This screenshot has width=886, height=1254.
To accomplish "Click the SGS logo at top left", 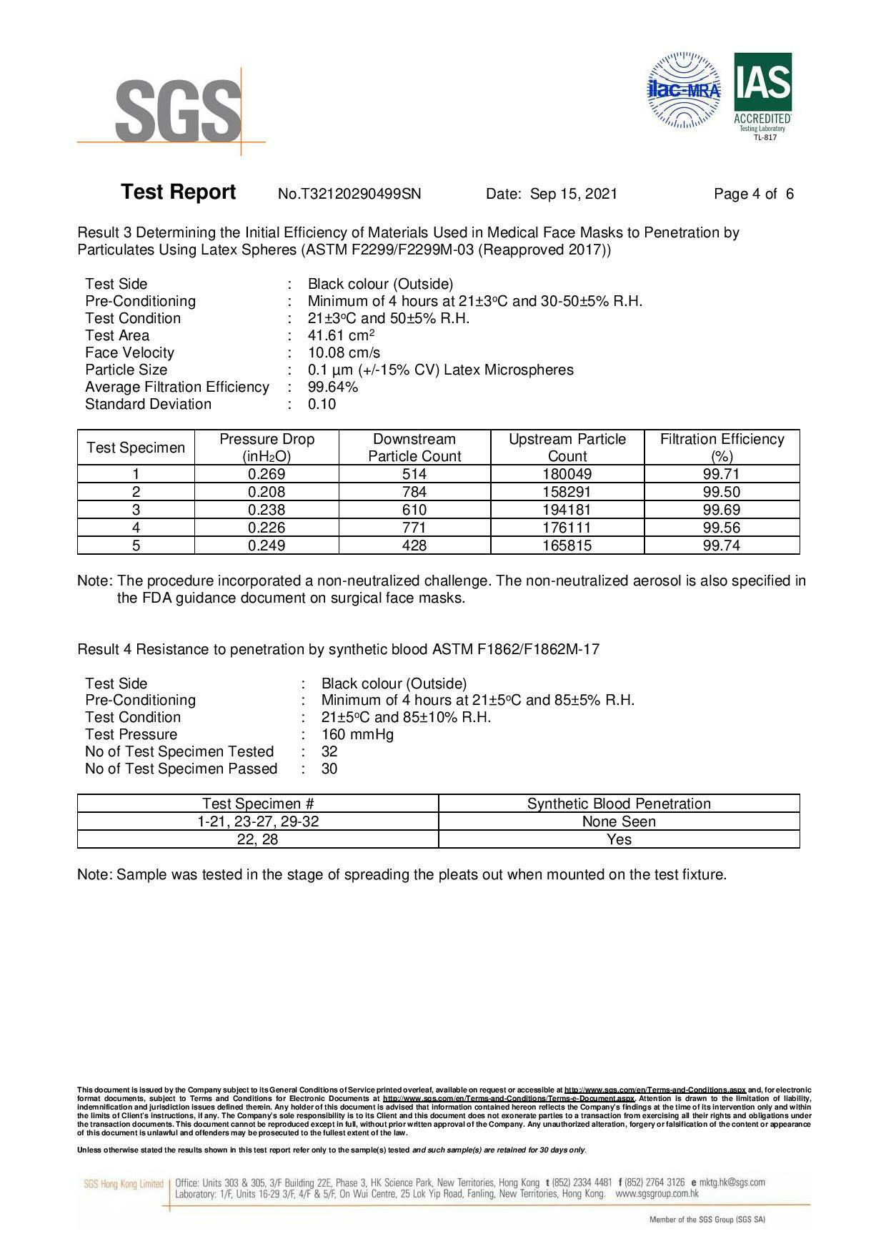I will tap(178, 111).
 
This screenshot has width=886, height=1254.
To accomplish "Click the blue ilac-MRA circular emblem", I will tap(684, 90).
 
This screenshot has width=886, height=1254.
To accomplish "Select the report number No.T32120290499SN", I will tap(349, 194).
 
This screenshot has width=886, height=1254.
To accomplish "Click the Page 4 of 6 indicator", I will tap(753, 194).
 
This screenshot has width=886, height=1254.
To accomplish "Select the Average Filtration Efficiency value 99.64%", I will tap(333, 387).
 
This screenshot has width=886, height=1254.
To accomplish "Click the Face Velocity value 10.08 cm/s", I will tap(344, 352).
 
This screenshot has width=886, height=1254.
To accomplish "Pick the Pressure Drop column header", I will tap(267, 448).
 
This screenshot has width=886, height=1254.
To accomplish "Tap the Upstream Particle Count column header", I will tap(567, 448).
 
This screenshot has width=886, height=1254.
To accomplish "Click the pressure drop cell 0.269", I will tap(267, 474).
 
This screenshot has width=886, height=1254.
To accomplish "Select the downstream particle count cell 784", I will tap(414, 492).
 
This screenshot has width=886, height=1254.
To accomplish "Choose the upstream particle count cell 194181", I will tap(567, 510).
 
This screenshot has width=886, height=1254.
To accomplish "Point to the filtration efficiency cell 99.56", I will tap(722, 528).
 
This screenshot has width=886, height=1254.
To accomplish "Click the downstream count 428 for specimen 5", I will tap(414, 545).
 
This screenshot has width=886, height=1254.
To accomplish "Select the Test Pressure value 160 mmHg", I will tap(357, 734).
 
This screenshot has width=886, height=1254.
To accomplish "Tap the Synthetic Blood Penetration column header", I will tap(619, 804).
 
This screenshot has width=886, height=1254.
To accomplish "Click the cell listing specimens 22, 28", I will tap(257, 839).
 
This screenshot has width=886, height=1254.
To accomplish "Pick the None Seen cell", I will tap(619, 821).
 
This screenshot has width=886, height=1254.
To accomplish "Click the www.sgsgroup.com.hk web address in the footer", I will tap(657, 1193).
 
